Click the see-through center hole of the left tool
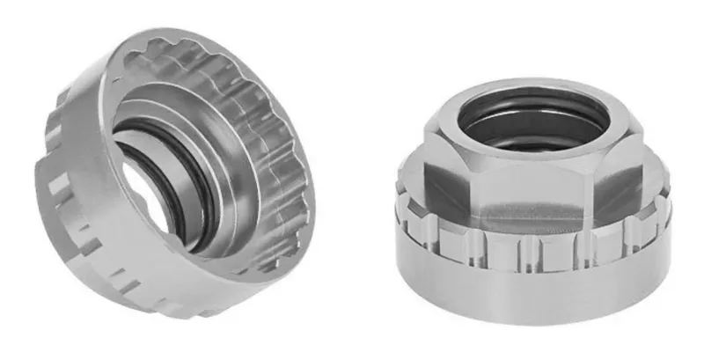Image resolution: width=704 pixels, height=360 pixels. [x=145, y=189]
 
